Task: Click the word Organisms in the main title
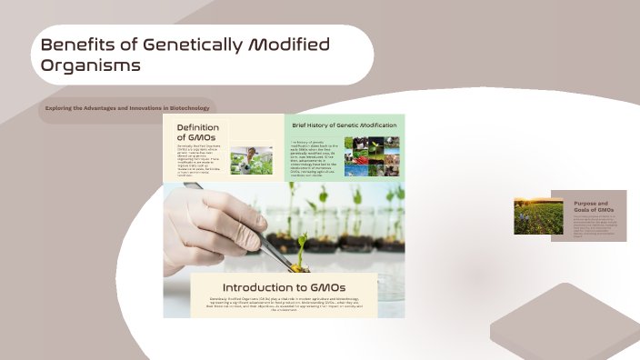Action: tap(91, 66)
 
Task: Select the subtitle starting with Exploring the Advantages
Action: tap(127, 108)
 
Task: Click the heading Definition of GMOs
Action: tap(198, 133)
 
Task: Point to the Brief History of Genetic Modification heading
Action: tap(344, 125)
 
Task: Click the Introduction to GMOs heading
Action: tap(284, 287)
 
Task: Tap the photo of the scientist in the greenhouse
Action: tap(251, 161)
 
